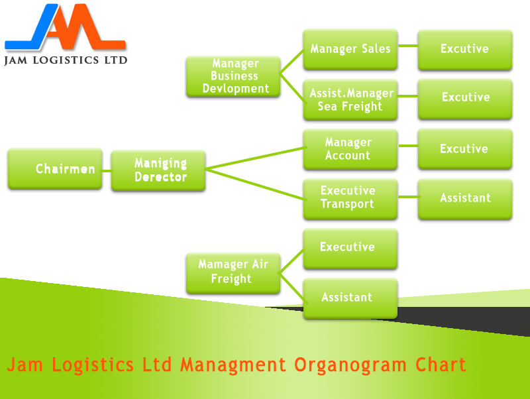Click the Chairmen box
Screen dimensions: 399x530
pos(55,169)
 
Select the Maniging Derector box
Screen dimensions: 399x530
pos(158,170)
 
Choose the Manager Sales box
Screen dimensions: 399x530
pos(350,49)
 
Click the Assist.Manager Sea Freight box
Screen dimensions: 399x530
pos(350,99)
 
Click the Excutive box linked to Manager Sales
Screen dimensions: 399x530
pos(464,49)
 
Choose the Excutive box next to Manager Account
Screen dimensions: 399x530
pos(464,149)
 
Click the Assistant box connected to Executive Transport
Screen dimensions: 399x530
pos(464,198)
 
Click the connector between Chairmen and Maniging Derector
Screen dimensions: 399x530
pos(107,170)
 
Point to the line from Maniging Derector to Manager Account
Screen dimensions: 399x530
pos(254,159)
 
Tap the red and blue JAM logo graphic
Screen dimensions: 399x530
pos(64,28)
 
